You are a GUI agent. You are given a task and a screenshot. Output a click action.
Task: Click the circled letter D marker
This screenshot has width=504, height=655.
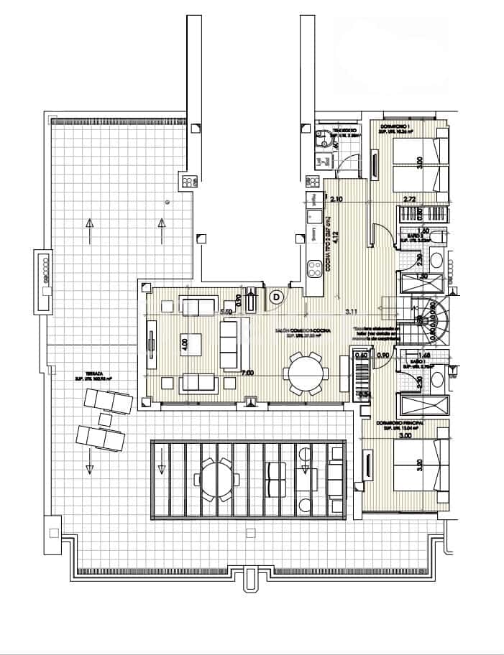pos(277,295)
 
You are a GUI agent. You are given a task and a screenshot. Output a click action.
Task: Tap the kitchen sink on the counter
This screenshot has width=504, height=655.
pos(314,215)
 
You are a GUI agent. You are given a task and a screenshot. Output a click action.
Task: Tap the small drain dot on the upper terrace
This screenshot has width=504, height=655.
pos(167,202)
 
